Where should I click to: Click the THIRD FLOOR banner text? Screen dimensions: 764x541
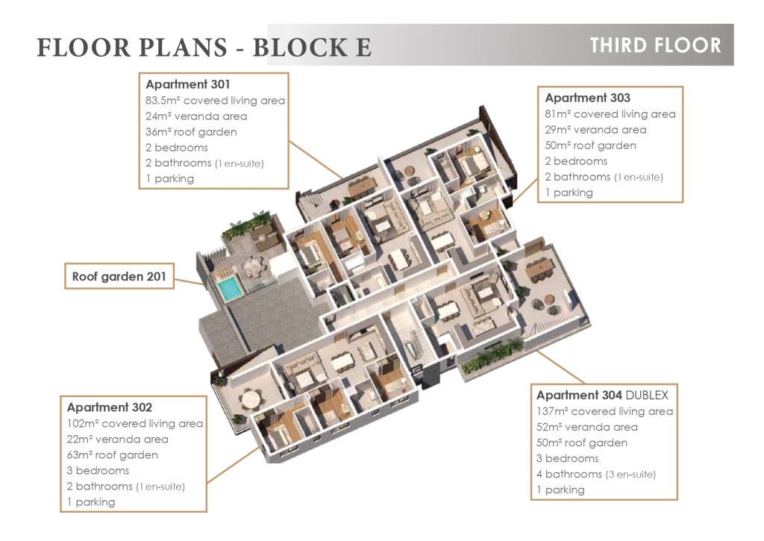point(655,46)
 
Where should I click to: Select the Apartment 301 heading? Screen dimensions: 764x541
point(187,84)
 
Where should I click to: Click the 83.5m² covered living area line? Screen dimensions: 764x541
point(215,101)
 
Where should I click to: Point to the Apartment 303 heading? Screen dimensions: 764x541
point(588,98)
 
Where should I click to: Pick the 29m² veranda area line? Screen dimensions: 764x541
point(595,130)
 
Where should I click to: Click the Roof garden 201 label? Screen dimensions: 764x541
point(119,277)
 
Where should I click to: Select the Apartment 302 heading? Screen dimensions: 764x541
point(110,407)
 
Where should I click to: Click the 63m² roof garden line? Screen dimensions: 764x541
point(113,455)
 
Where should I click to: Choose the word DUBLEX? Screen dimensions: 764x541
point(647,395)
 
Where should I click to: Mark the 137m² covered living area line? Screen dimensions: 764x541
point(604,411)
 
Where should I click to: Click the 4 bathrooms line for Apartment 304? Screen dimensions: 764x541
point(596,475)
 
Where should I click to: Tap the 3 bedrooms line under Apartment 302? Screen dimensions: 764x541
point(98,471)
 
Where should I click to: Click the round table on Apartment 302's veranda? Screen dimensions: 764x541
point(251,400)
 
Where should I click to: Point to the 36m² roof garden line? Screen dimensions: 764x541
point(191,132)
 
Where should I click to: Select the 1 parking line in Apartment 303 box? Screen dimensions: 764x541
point(569,193)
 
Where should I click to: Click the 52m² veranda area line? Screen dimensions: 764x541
point(587,428)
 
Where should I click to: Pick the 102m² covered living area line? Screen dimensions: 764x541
point(135,424)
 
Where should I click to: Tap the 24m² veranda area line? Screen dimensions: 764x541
point(196,116)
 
